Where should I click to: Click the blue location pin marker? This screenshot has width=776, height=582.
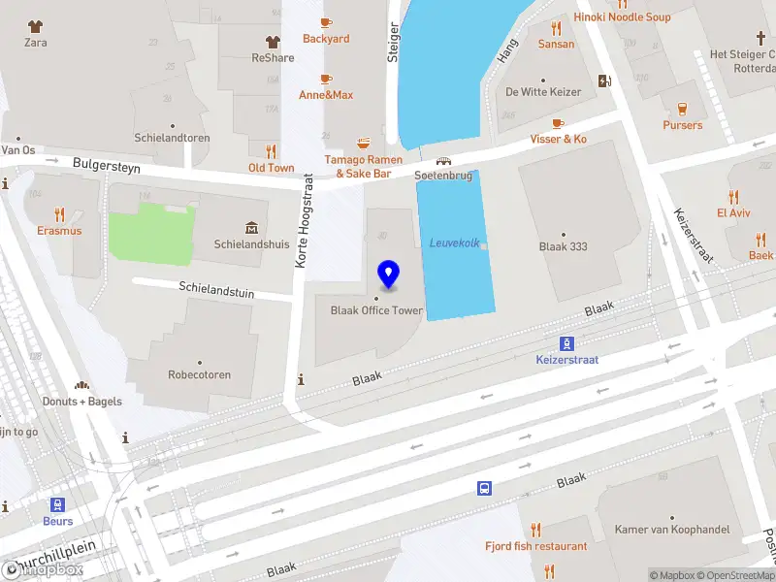coord(389,275)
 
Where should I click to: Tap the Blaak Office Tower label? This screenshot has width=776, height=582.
coord(376,310)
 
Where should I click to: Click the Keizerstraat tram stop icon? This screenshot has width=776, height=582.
coord(567,343)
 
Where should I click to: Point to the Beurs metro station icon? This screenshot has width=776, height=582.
coord(57,504)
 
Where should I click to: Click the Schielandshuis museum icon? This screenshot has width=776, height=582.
coord(252,228)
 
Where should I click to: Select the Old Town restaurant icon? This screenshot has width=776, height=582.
coord(272,151)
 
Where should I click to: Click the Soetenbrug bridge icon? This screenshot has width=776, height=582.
coord(443,161)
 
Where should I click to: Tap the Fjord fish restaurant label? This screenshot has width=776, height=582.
coord(535,546)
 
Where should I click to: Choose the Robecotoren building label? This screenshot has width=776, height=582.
coord(200,374)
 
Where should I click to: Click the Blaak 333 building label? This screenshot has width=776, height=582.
coord(563,246)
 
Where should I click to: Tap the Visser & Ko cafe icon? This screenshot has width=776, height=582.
coord(557,123)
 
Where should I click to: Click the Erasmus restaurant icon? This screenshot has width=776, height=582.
coord(59,214)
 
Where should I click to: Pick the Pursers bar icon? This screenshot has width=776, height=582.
coord(682,109)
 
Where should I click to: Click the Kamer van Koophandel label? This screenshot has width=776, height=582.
coord(670,530)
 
